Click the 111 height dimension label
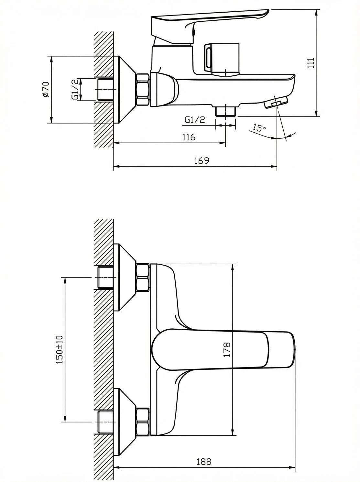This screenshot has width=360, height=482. pos(311,63)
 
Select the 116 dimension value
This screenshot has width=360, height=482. pos(189,137)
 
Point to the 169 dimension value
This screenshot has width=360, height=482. pos(202,161)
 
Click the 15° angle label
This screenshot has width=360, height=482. pos(259,127)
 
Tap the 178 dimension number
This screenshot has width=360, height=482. pos(227,350)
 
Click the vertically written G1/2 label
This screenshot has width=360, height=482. pos(75,89)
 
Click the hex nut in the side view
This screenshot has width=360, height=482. pos(143,89)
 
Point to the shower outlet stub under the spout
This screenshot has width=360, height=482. pos(226,112)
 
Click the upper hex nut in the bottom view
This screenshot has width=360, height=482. pos(143,278)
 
